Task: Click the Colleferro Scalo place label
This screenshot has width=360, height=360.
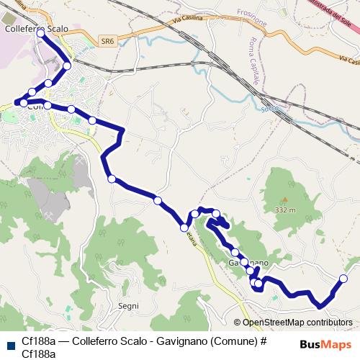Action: pos(36,29)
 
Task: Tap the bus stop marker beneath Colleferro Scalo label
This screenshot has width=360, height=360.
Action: pos(40,34)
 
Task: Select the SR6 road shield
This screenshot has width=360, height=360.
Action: pos(107,42)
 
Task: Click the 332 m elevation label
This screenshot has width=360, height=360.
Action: pos(285,210)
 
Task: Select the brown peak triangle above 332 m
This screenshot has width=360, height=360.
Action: pos(284,200)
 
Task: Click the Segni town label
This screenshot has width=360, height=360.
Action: pos(128,306)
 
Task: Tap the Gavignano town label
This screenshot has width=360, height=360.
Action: pos(248,263)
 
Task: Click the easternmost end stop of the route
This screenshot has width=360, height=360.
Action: pos(343,279)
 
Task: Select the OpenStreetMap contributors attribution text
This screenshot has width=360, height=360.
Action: pos(297,323)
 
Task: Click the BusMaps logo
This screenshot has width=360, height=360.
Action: pos(325,344)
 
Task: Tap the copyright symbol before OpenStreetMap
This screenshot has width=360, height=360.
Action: pos(238,323)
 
